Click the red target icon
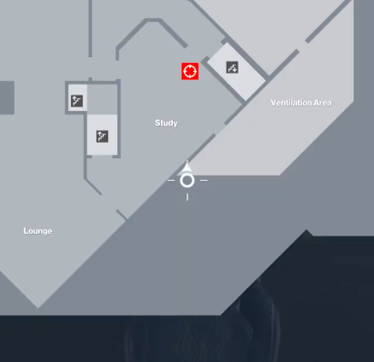coord(189,71)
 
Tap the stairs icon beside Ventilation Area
coord(232,67)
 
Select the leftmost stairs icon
coord(77,101)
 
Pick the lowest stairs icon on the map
coord(103,136)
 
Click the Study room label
coord(166,123)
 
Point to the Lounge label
coord(37,231)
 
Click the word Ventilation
coord(290,103)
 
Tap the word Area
coord(321,103)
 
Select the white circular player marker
coord(187,180)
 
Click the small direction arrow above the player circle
coord(187,166)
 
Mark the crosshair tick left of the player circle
coord(170,180)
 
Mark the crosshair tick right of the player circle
coord(204,180)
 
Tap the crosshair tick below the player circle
coord(187,196)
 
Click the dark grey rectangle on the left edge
coord(6,96)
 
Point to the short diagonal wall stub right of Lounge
coord(122,216)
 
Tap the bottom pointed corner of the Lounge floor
coord(38,307)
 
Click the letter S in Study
coord(157,123)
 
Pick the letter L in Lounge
coord(25,231)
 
